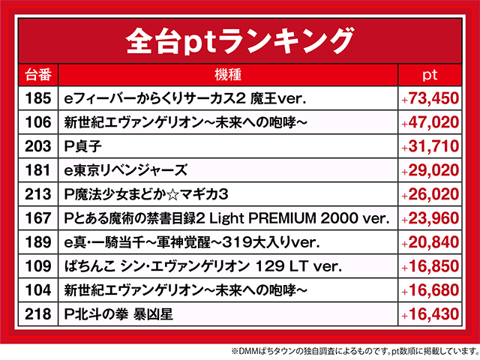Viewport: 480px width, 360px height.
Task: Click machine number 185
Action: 37,97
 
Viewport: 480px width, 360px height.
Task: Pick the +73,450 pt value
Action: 430,97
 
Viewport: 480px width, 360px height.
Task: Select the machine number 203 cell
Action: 37,145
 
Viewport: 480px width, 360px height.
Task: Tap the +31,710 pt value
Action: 430,145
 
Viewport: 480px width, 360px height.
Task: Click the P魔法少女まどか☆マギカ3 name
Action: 146,194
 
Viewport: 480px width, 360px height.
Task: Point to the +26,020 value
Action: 430,194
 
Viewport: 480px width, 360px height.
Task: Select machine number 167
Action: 37,218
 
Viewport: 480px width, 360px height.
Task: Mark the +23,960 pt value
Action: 430,218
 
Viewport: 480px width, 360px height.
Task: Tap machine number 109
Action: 37,266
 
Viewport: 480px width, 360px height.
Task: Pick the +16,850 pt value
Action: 430,266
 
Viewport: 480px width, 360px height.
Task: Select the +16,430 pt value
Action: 430,315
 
